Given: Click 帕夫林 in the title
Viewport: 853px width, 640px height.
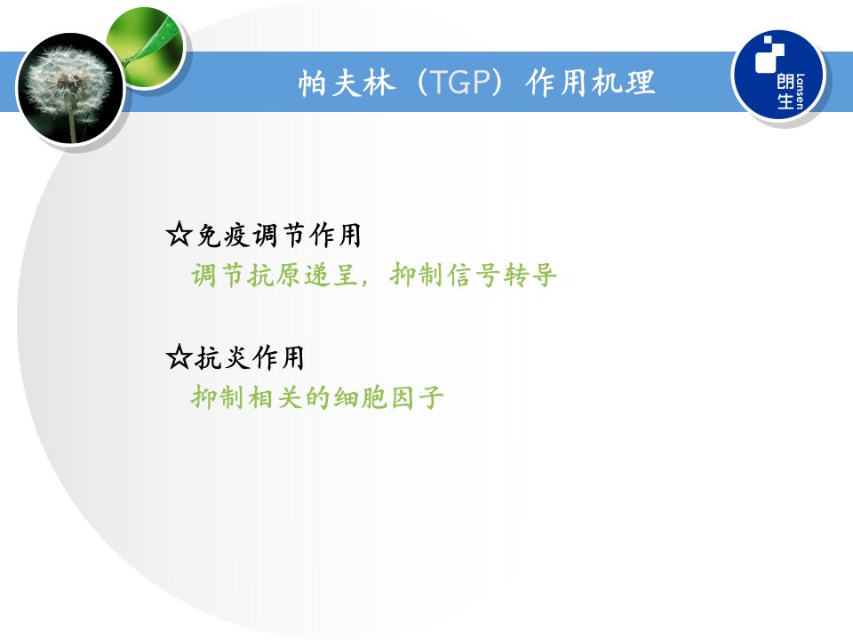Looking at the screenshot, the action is (x=346, y=83).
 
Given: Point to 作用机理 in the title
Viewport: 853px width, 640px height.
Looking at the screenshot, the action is (x=590, y=82).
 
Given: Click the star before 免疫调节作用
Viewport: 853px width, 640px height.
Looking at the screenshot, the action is (x=179, y=235).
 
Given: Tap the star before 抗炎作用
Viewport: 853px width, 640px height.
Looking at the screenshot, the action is (x=179, y=357).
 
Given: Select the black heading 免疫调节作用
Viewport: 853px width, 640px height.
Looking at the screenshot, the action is (x=278, y=235).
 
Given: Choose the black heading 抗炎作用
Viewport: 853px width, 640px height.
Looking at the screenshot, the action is (x=250, y=357).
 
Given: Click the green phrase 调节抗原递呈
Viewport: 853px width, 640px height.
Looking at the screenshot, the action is (x=274, y=275).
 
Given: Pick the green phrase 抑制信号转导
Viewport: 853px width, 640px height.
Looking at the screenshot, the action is (x=474, y=275).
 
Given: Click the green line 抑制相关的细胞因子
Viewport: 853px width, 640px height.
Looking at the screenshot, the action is (x=317, y=397).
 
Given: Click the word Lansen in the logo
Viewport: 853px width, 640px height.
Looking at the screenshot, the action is (x=800, y=92).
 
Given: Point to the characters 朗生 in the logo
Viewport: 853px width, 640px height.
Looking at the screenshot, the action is (x=785, y=92).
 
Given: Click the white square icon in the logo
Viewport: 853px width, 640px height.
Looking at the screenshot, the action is (x=769, y=54).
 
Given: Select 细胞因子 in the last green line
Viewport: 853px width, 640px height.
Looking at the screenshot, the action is (x=388, y=397).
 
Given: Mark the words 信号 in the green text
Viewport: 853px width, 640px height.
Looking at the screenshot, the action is (x=474, y=275).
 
